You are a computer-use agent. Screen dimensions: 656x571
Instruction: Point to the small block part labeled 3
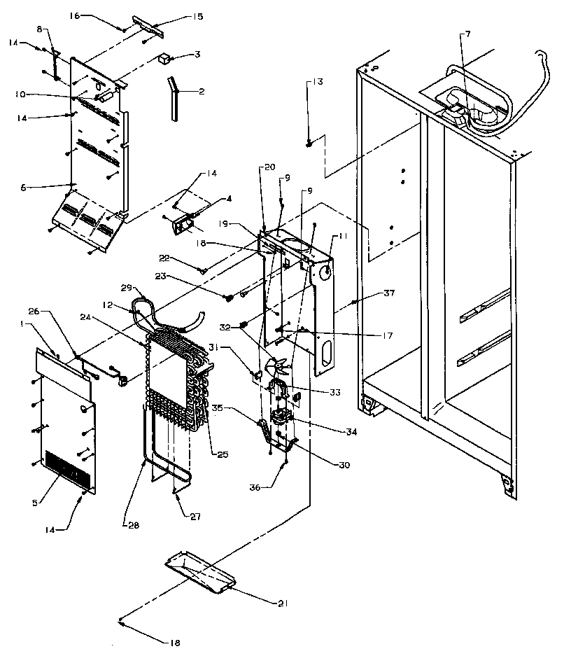[x=164, y=59]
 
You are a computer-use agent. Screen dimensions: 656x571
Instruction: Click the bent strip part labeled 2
[x=171, y=98]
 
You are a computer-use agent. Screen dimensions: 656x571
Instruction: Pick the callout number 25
[x=222, y=455]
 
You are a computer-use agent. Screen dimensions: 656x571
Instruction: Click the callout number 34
[x=351, y=432]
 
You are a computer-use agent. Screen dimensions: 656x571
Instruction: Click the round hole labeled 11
[x=325, y=270]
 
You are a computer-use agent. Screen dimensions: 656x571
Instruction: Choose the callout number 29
[x=126, y=288]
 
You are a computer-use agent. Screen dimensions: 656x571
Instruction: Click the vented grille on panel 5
[x=68, y=468]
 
